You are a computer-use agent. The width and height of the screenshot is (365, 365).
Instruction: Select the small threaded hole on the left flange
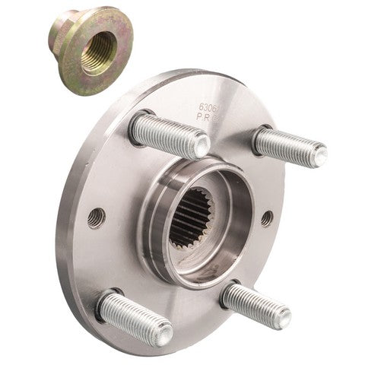(96, 219)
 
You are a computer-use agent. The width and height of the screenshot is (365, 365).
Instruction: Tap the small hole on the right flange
(266, 218)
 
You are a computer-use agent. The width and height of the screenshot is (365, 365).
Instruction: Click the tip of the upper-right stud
(319, 156)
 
